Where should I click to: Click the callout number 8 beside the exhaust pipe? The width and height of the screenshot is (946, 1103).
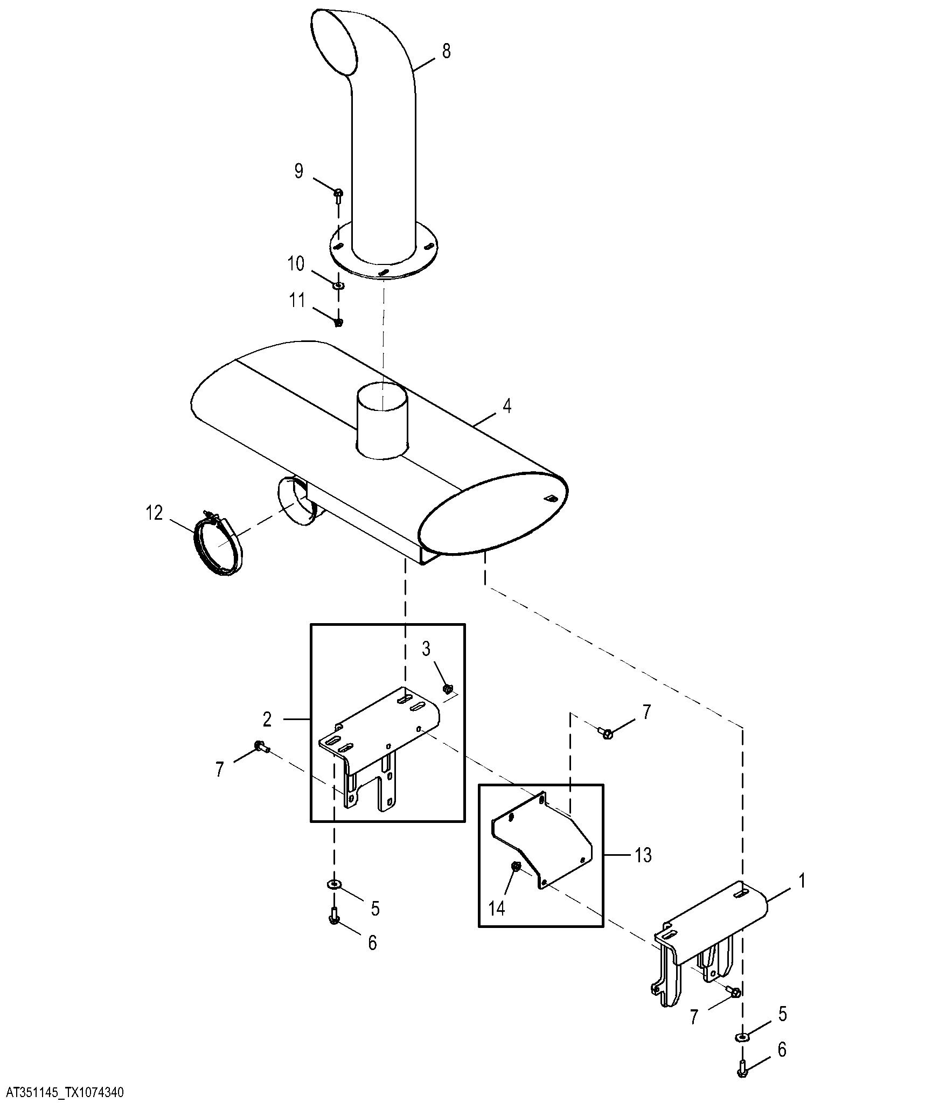tap(446, 52)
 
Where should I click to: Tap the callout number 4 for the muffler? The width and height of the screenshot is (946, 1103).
tap(506, 406)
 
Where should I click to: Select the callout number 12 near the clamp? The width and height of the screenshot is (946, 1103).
tap(154, 513)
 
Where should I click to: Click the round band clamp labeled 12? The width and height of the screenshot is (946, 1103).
tap(218, 546)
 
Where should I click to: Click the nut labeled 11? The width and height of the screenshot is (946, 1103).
tap(338, 323)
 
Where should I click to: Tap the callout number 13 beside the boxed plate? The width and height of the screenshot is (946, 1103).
tap(642, 855)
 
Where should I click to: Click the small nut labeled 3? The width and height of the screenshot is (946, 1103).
tap(447, 688)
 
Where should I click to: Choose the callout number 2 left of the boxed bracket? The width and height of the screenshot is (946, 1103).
tap(267, 719)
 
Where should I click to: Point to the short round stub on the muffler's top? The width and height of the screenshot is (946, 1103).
tap(382, 421)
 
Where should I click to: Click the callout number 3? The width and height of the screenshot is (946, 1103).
tap(426, 650)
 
